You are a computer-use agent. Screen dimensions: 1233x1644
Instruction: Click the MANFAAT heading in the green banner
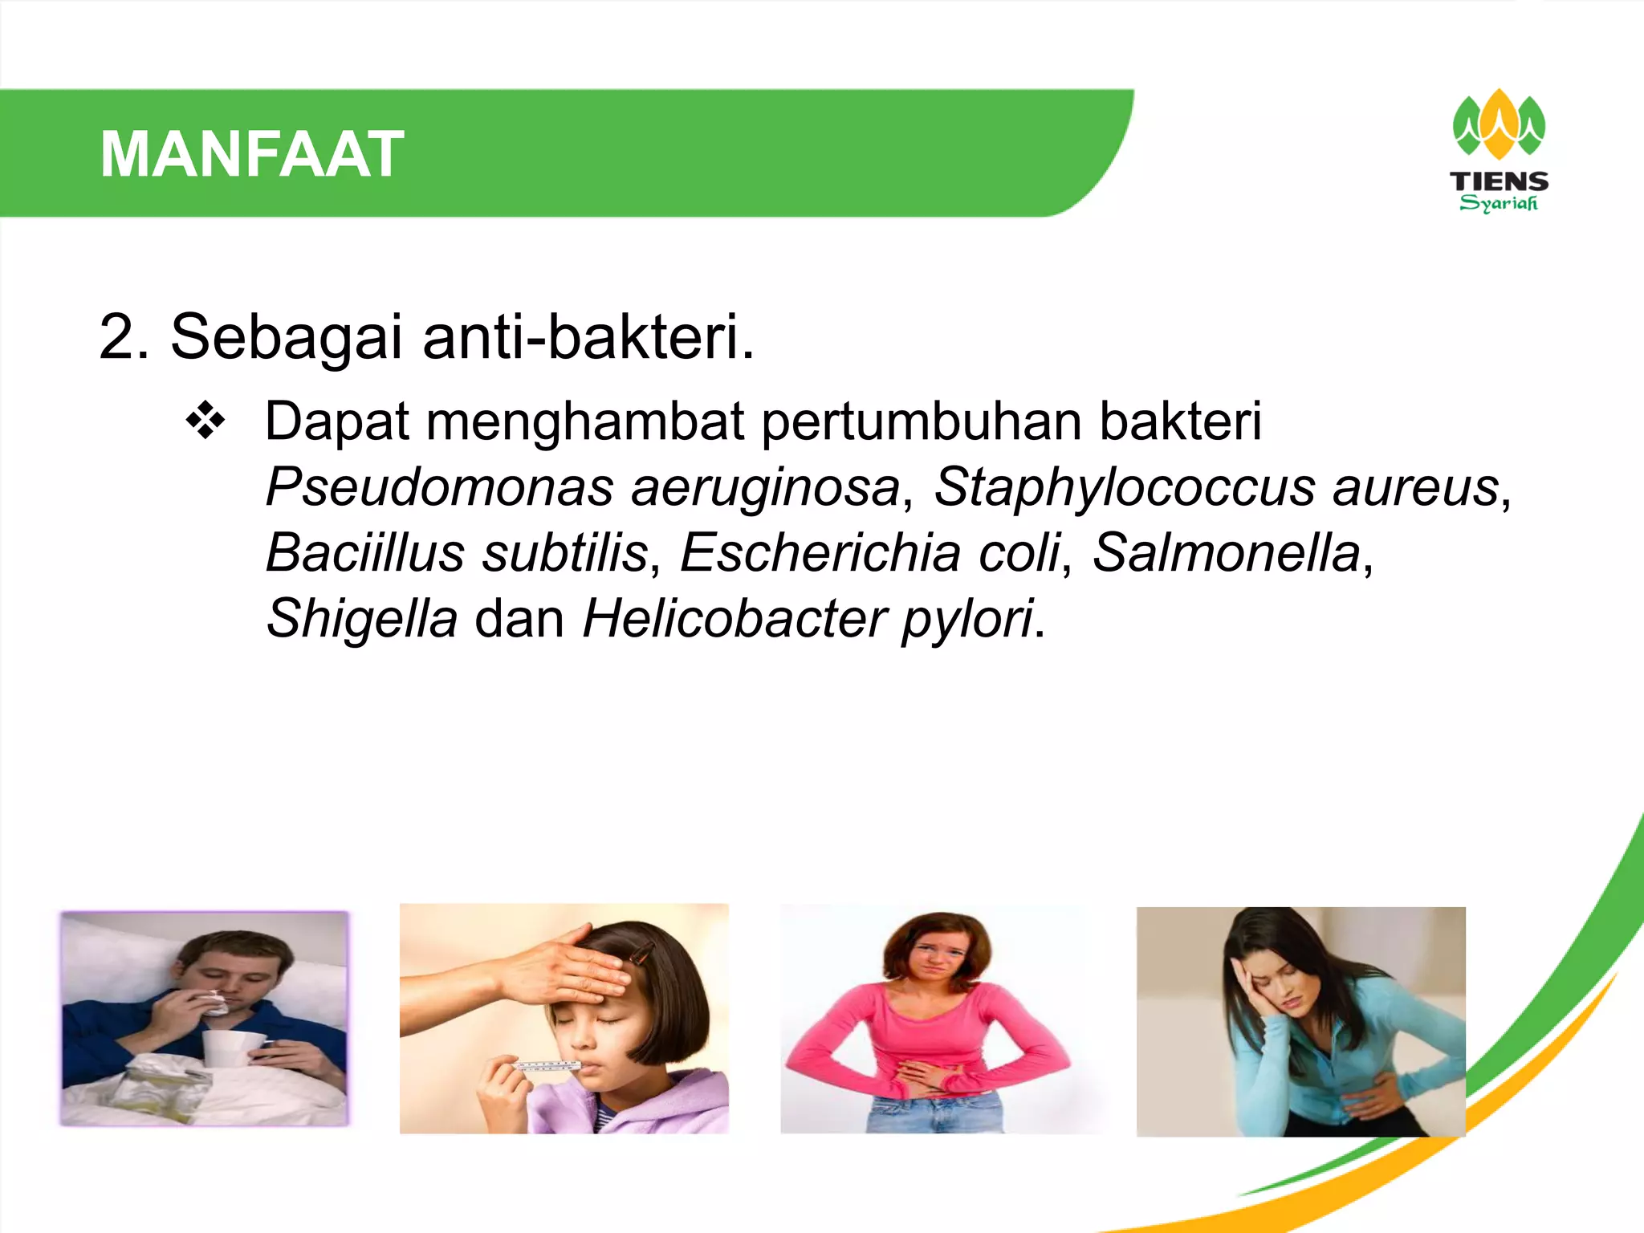pos(252,154)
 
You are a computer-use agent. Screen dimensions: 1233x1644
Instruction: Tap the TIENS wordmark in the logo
pos(1499,181)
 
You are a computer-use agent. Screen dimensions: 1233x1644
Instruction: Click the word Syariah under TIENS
pos(1499,203)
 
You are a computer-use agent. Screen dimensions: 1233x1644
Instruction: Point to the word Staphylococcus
pos(1124,487)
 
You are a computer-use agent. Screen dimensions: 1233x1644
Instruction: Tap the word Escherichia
pos(820,553)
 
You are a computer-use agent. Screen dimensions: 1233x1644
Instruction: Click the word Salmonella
pos(1227,553)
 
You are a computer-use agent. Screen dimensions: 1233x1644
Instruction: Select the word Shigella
pos(362,619)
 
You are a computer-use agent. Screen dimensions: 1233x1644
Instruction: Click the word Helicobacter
pos(734,619)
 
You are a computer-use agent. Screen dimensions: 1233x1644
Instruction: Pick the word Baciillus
pos(365,553)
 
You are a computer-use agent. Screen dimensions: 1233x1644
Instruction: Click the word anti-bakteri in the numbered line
pos(588,337)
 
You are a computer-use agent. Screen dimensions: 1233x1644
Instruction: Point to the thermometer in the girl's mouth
pos(546,1066)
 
